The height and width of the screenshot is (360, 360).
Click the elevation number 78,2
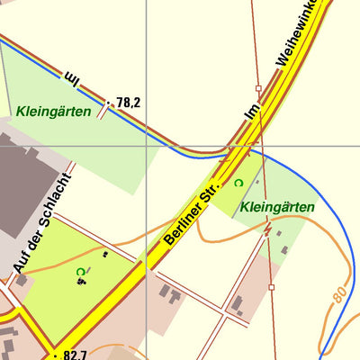coord(129,103)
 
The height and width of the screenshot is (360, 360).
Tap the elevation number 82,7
coord(76,355)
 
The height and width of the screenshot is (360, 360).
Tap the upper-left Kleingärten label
coord(52,112)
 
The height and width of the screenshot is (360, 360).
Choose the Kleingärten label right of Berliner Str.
coord(277,208)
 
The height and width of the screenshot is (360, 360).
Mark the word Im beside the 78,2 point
coord(73,82)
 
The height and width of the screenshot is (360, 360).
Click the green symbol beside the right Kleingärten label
coord(238,183)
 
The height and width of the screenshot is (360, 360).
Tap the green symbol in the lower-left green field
coord(80,271)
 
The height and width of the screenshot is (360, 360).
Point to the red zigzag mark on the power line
coord(266,229)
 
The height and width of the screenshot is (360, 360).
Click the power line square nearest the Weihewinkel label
coord(258,89)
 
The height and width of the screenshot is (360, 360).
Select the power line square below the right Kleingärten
coord(271,287)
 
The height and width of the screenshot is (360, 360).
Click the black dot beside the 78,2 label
coord(108,103)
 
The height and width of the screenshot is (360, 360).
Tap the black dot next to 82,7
coord(56,355)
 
